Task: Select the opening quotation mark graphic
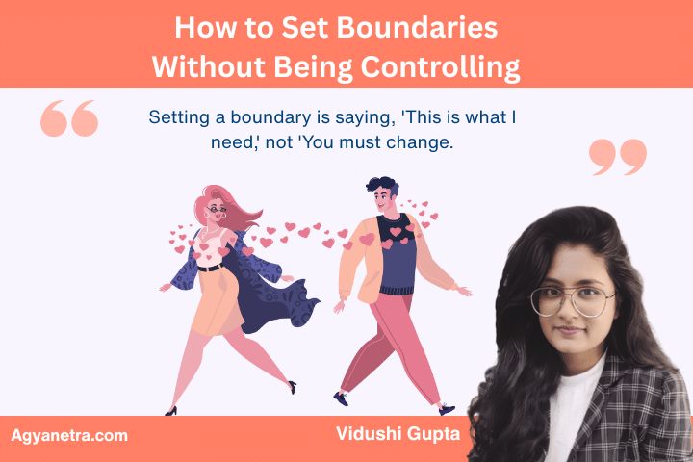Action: [x=69, y=118]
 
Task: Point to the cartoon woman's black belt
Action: [x=209, y=267]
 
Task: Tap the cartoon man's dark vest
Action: [x=396, y=260]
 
